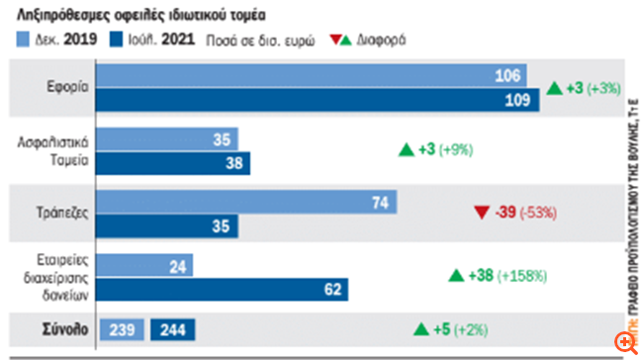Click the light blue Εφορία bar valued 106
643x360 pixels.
pyautogui.click(x=312, y=76)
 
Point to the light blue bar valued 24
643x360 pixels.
pyautogui.click(x=145, y=266)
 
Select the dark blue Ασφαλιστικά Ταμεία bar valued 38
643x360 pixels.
pyautogui.click(x=174, y=162)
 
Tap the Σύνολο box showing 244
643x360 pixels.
pyautogui.click(x=173, y=329)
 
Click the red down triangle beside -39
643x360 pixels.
pyautogui.click(x=481, y=212)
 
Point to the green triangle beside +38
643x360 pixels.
pyautogui.click(x=456, y=275)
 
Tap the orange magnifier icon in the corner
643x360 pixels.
pyautogui.click(x=623, y=341)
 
